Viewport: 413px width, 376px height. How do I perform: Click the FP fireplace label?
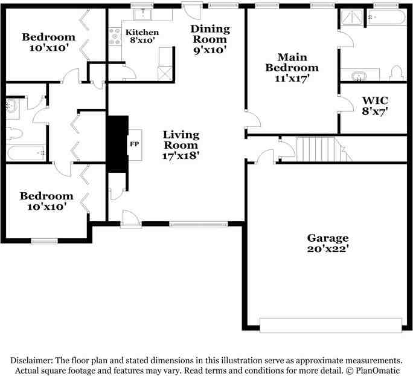(x=135, y=144)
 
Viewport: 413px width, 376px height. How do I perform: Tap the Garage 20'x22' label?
(x=328, y=243)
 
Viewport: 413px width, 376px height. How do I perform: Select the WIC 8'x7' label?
(x=374, y=106)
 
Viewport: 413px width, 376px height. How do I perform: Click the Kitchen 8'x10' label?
(x=142, y=36)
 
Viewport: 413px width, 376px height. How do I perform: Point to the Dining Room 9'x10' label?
(x=210, y=39)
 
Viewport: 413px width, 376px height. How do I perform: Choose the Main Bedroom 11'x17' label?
(x=292, y=68)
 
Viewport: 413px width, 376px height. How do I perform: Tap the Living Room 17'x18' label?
(x=181, y=145)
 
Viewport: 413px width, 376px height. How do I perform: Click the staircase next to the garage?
(x=324, y=149)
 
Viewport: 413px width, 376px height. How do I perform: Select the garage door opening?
(x=331, y=325)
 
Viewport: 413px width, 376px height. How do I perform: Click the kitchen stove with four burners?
(x=115, y=36)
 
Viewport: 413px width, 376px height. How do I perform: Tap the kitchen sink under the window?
(x=142, y=15)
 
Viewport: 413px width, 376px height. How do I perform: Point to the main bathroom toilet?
(x=397, y=73)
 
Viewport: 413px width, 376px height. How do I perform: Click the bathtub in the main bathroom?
(x=386, y=17)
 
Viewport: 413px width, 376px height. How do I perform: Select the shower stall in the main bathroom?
(x=352, y=17)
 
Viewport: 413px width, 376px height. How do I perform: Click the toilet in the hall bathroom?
(x=14, y=134)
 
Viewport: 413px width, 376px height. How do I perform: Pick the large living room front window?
(x=198, y=224)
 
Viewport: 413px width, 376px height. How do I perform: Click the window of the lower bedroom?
(x=45, y=241)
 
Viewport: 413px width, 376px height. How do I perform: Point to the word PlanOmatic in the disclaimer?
(x=377, y=370)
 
